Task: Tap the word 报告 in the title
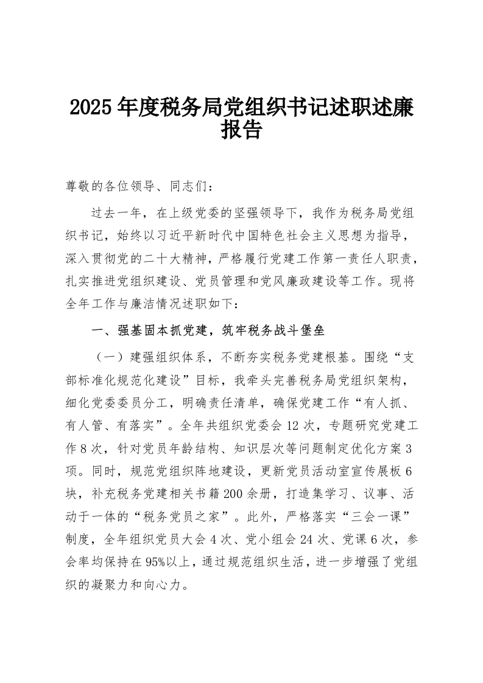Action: pyautogui.click(x=241, y=129)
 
